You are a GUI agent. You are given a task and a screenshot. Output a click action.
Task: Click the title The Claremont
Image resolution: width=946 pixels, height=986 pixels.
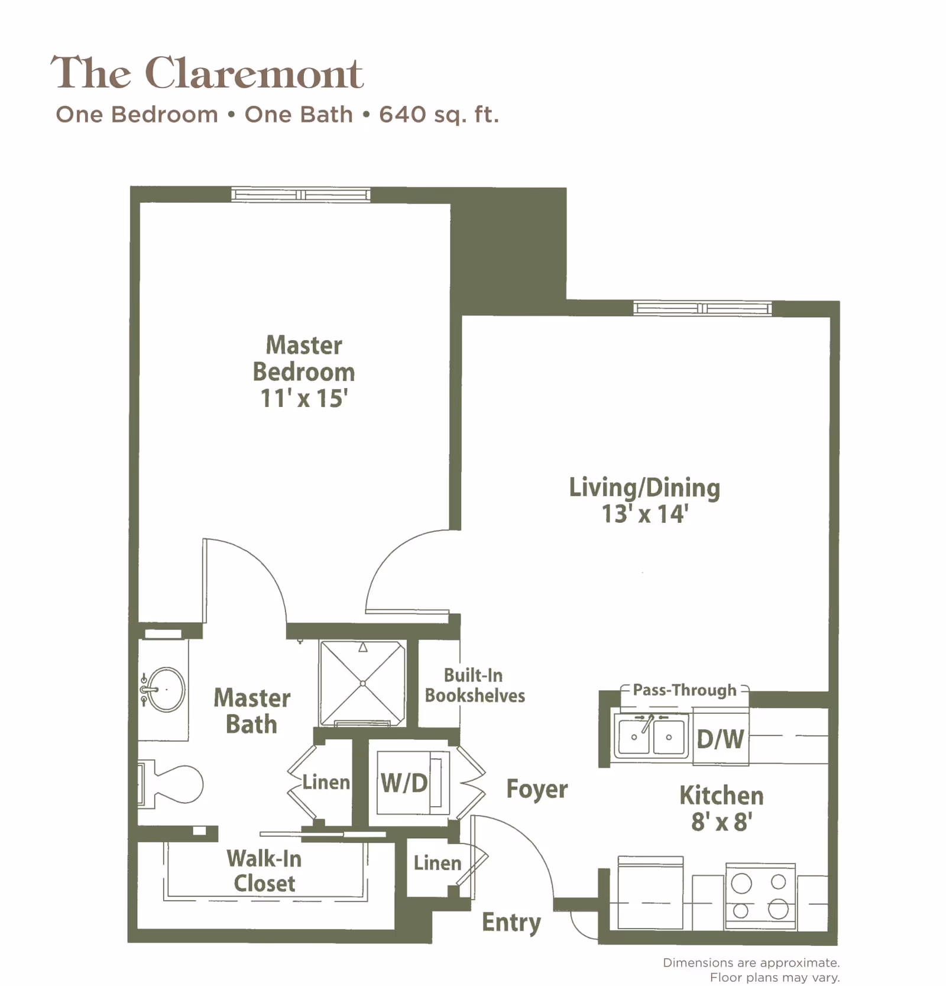pos(207,73)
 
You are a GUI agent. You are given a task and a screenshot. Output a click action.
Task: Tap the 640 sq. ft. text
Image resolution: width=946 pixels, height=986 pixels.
pos(439,114)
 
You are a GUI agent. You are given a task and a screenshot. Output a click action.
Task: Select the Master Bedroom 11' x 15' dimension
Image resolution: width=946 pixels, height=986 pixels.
pos(304,399)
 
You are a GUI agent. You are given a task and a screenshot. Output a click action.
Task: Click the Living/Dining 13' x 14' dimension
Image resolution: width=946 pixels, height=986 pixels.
pos(644,513)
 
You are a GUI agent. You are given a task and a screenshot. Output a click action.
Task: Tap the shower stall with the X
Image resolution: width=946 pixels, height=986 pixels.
pos(362,683)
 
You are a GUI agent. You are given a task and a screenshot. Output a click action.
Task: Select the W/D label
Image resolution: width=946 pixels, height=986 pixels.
pos(404,783)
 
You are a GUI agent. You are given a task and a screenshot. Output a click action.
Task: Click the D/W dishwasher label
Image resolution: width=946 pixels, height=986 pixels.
pos(720,739)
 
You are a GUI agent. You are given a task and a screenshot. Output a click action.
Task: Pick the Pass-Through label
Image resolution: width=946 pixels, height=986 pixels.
pos(685,690)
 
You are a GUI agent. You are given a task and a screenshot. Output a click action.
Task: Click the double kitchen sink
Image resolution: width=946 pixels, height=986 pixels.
pos(651,736)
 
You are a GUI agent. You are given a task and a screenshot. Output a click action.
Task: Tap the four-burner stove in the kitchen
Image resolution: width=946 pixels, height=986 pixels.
pos(760,896)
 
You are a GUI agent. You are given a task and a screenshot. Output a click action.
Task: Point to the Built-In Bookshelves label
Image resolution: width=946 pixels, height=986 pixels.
pos(475,686)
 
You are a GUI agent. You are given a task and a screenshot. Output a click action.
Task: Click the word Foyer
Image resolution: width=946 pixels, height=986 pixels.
pos(537,788)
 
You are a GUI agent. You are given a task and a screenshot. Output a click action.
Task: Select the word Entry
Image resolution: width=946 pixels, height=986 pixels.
pos(511,922)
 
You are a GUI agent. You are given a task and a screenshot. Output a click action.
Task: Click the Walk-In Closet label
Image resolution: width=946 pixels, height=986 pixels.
pos(264,871)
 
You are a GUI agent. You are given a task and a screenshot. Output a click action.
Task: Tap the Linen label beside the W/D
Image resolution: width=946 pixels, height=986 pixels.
pos(326,782)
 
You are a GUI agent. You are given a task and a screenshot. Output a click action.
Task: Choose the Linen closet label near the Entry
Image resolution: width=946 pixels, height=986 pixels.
pos(437,863)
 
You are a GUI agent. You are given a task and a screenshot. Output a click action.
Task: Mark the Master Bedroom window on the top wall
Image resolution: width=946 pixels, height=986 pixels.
pos(301,195)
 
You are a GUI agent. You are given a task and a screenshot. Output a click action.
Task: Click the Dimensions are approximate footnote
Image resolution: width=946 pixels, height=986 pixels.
pos(751,963)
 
